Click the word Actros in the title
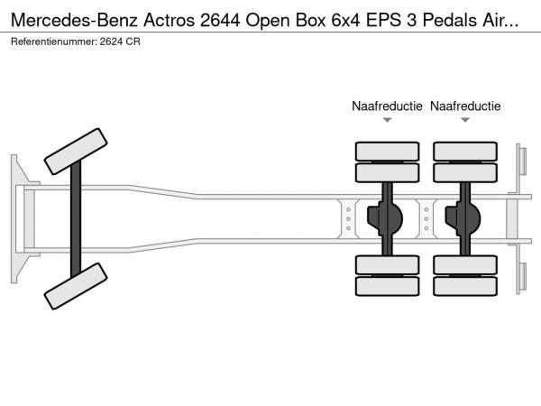pyautogui.click(x=170, y=21)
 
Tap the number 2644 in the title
pyautogui.click(x=220, y=21)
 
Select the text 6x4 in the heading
pyautogui.click(x=345, y=21)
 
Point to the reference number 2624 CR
pyautogui.click(x=120, y=42)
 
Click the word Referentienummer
pyautogui.click(x=54, y=42)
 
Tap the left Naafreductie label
pyautogui.click(x=387, y=106)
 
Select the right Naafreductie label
pyautogui.click(x=465, y=106)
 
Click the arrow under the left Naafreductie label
pyautogui.click(x=388, y=120)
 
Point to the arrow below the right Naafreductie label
pyautogui.click(x=465, y=120)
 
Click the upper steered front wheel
pyautogui.click(x=76, y=152)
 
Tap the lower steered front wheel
pyautogui.click(x=76, y=286)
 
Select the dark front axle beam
pyautogui.click(x=76, y=219)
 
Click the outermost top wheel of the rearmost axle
pyautogui.click(x=465, y=152)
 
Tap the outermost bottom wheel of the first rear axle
pyautogui.click(x=388, y=286)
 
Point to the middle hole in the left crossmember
pyautogui.click(x=348, y=219)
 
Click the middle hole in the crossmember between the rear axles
pyautogui.click(x=426, y=219)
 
